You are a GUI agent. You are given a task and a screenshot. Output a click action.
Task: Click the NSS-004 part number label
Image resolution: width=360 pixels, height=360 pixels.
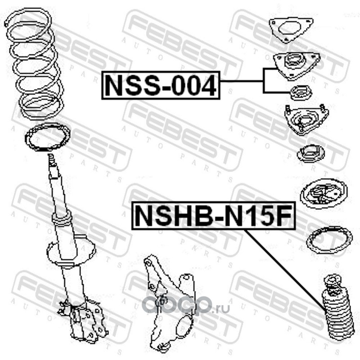(x=161, y=85)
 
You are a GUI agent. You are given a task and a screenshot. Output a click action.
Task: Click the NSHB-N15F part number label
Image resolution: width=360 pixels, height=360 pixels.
(x=213, y=216)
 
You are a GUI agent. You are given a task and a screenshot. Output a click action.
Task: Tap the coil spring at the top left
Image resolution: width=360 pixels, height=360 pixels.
(x=35, y=63)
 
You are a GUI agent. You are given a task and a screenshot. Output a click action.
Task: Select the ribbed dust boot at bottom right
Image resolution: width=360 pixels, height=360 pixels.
(x=337, y=316)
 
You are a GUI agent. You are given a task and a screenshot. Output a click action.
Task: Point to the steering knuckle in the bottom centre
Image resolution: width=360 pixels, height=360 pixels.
(x=169, y=306)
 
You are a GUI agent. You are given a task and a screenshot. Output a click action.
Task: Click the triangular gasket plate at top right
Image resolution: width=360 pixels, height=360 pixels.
(x=291, y=30)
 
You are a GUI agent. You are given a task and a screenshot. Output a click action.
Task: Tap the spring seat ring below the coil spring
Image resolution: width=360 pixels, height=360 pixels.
(x=48, y=137)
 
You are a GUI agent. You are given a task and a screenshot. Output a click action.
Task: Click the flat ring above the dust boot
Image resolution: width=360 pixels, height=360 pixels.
(x=329, y=240)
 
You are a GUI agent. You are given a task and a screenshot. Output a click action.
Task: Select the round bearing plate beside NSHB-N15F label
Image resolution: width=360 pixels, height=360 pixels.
(x=324, y=194)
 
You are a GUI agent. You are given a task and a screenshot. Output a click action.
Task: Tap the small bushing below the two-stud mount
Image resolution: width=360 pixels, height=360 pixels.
(x=310, y=153)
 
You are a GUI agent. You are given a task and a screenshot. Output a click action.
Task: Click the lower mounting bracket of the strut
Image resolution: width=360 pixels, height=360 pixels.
(x=83, y=319)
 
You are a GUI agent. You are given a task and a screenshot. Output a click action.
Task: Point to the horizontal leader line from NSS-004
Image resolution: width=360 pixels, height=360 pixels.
(x=242, y=81)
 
